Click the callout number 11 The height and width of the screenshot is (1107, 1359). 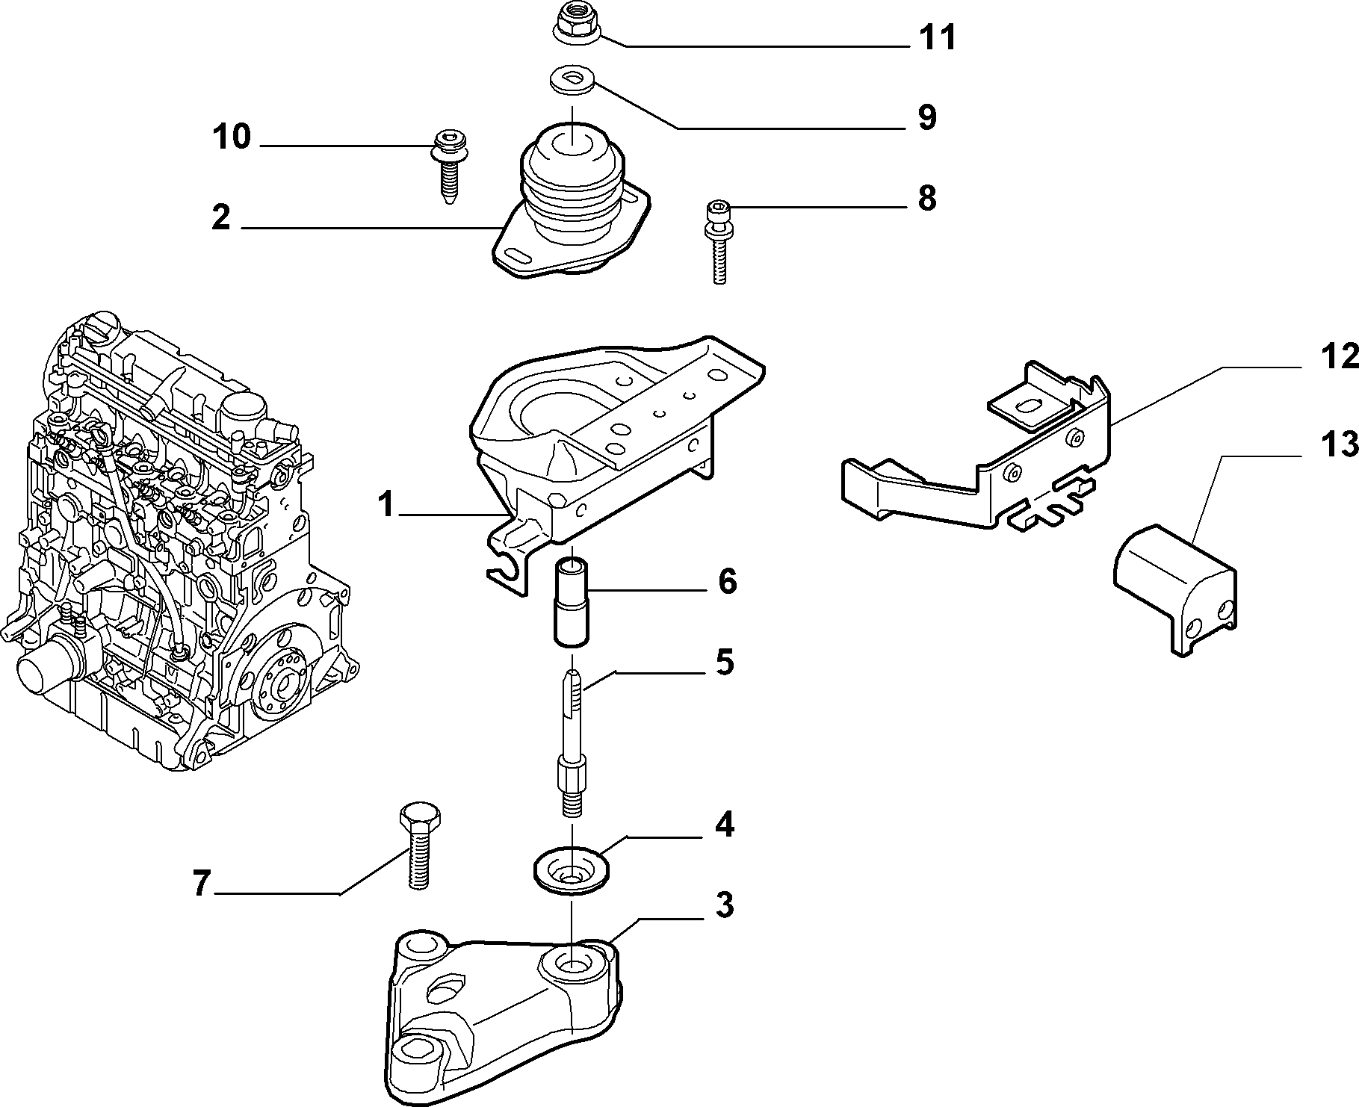(x=938, y=37)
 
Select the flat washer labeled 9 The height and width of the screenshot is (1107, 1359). (x=573, y=80)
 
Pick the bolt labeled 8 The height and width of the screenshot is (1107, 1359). (x=718, y=243)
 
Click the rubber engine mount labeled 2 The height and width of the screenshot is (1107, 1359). (x=572, y=202)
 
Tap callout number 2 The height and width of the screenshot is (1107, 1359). (x=220, y=217)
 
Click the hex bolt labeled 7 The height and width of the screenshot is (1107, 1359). (x=419, y=845)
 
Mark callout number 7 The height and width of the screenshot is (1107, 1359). (x=199, y=885)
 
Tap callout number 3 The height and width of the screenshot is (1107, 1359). (x=723, y=905)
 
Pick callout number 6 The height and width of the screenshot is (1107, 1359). (x=727, y=581)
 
